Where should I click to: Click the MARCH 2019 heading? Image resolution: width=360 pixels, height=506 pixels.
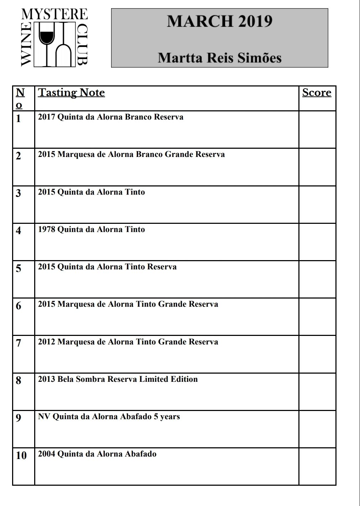(x=220, y=21)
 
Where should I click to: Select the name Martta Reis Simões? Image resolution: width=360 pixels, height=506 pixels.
(x=220, y=58)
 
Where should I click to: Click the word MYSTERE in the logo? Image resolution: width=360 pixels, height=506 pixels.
(x=54, y=14)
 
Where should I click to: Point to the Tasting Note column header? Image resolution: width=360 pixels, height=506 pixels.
(x=71, y=93)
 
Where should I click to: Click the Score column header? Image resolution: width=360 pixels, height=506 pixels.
(x=317, y=93)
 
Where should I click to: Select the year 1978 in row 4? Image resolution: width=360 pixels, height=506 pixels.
(x=47, y=230)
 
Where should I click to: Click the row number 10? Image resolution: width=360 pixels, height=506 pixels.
(x=21, y=455)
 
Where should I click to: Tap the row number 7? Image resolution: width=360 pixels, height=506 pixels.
(x=19, y=343)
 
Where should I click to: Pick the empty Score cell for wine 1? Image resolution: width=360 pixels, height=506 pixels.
(x=317, y=130)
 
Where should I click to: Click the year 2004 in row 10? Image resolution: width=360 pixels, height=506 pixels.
(x=47, y=454)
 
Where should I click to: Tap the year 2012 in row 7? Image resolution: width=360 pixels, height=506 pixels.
(x=47, y=342)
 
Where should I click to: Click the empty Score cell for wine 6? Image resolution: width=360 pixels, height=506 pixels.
(x=317, y=317)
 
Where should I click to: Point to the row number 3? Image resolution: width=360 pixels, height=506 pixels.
(x=19, y=193)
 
